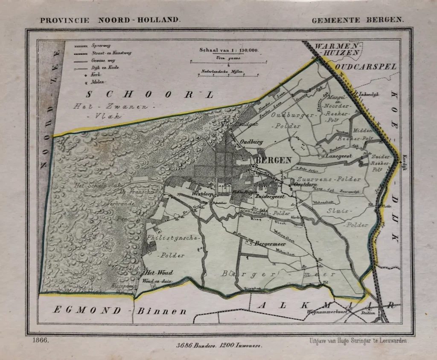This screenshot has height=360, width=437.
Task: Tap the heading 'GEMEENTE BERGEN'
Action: coord(360,20)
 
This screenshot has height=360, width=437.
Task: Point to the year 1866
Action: coord(40,340)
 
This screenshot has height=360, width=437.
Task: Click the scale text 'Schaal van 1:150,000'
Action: coord(229,50)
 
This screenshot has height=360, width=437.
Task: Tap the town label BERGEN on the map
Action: coord(273,160)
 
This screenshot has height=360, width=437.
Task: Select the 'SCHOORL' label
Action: coord(149,95)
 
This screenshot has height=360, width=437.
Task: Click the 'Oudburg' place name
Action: coord(251,143)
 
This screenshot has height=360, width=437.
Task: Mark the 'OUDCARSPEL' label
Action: coord(366,67)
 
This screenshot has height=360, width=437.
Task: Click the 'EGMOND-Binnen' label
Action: coord(120,310)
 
